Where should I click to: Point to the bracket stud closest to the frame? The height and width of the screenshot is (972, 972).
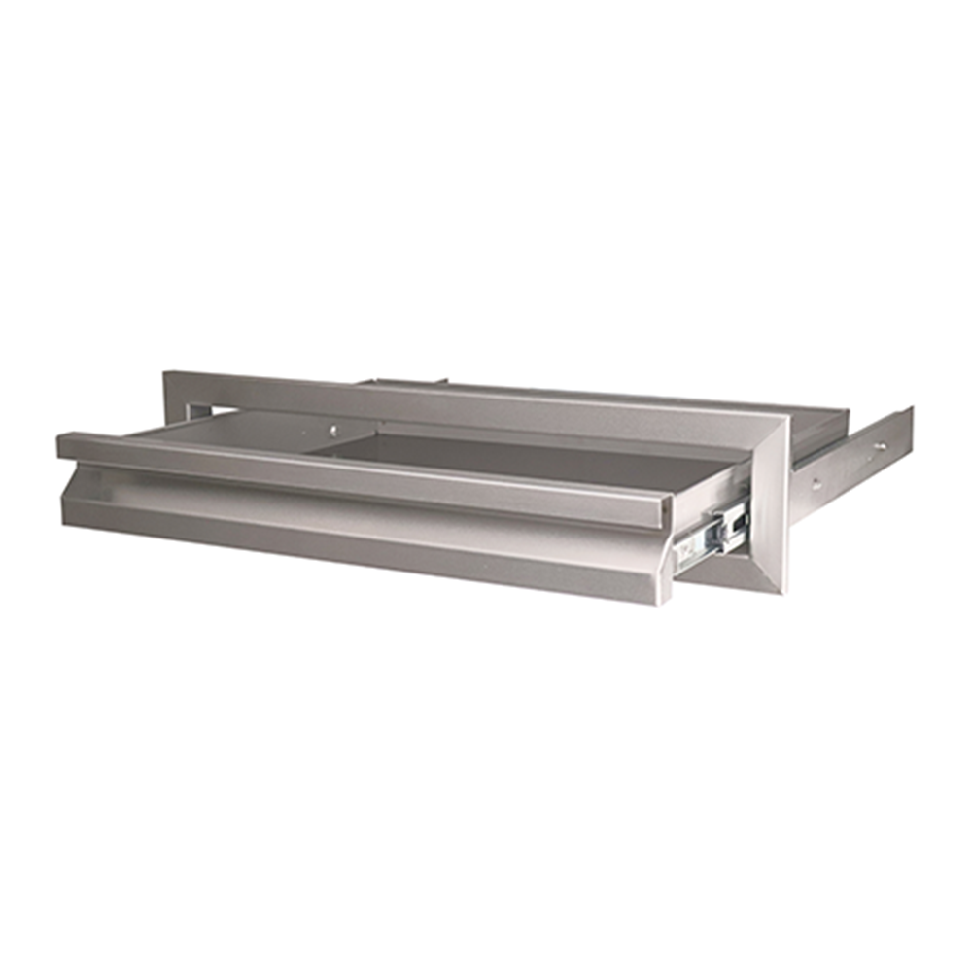coord(815,481)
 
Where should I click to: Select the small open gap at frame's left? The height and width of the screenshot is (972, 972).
coord(193,411)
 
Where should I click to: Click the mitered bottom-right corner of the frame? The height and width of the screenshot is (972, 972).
coord(778,585)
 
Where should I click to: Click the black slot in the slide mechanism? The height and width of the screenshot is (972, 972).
coord(737,522)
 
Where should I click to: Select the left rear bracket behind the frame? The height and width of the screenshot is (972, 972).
coord(408,381)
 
